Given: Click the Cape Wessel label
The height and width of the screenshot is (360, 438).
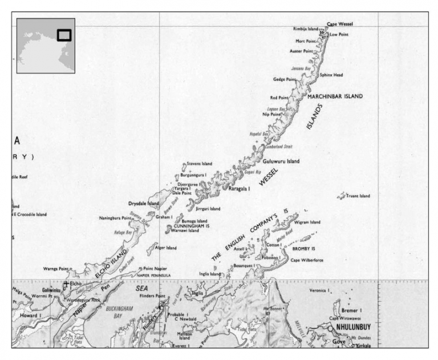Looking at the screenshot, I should [x=340, y=24].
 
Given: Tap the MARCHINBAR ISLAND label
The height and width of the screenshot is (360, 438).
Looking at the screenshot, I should [x=335, y=96].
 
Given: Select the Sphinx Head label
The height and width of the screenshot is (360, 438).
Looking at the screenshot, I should [x=331, y=75].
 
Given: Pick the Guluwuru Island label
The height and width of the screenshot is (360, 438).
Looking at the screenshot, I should [x=281, y=161].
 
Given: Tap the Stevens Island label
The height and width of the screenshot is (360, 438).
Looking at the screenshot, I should [x=200, y=164].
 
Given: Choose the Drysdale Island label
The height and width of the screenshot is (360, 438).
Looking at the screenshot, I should [x=144, y=203].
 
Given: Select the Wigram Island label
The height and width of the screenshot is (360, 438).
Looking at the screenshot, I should [x=308, y=223].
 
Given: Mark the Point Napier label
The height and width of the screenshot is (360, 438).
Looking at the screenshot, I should [x=155, y=268].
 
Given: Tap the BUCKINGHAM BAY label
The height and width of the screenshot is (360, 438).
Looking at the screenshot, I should [x=119, y=311].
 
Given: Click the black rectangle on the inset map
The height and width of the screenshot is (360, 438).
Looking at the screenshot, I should [x=64, y=35].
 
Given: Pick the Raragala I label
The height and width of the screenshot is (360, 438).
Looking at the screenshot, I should [x=241, y=188].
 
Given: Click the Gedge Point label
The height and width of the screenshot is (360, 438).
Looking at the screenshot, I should [x=286, y=79].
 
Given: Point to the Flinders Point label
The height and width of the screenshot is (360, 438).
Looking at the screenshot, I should [x=152, y=296].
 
